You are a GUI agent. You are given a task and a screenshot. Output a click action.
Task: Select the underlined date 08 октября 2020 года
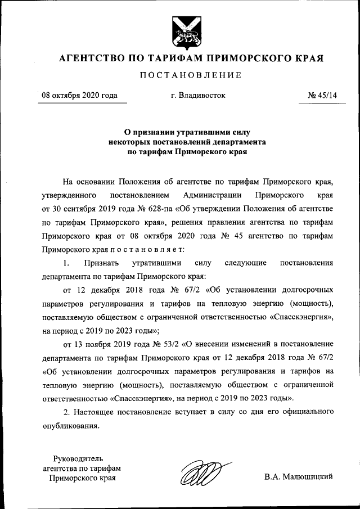pos(80,96)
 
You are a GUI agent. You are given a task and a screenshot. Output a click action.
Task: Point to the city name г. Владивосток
pos(197,96)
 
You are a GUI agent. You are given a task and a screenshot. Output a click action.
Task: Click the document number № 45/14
pos(322,96)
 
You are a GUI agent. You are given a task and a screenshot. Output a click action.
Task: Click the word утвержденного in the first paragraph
pos(69,195)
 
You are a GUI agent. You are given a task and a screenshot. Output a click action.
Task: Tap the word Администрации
pos(212,195)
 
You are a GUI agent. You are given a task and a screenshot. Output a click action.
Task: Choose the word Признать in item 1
pos(99,263)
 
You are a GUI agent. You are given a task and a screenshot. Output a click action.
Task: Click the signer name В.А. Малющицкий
pos(299,477)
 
